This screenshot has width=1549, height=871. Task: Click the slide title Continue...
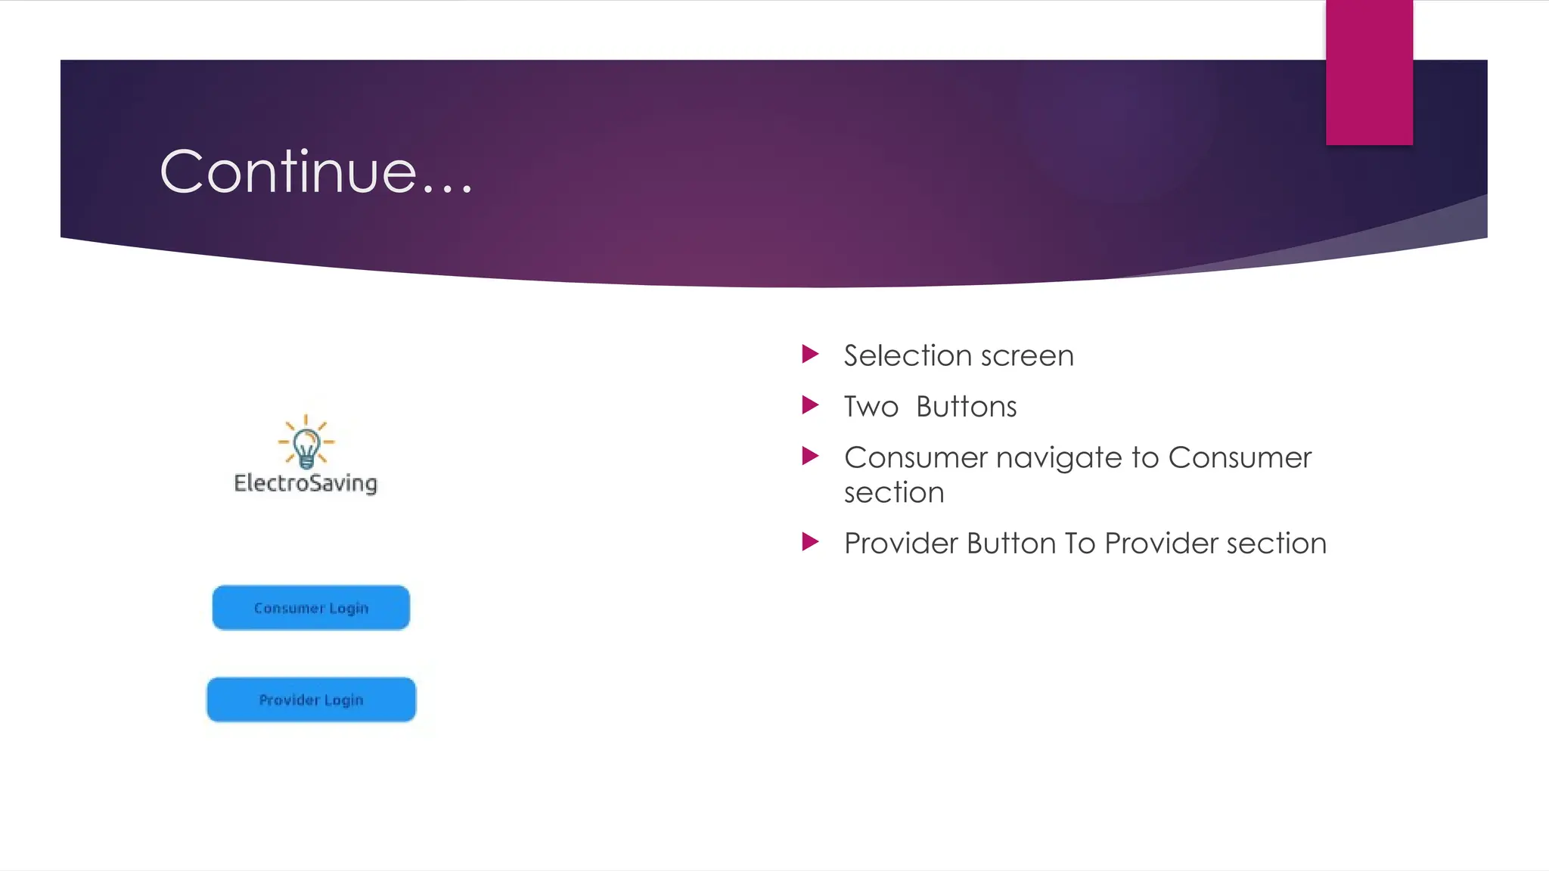(x=316, y=172)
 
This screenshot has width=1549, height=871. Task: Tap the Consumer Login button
(x=311, y=608)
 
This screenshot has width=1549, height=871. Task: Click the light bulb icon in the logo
(x=306, y=444)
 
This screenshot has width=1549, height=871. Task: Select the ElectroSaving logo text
(x=306, y=483)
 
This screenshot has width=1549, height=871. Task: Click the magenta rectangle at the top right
(x=1369, y=72)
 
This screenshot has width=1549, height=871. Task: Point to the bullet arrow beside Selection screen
(x=810, y=354)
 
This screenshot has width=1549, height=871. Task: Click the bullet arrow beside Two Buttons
(x=810, y=405)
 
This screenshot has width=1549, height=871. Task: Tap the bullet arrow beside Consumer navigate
(x=810, y=456)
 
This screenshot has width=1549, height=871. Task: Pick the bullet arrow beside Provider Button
(x=810, y=542)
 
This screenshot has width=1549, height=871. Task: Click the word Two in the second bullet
(x=871, y=407)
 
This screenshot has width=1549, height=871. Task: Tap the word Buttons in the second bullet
(x=966, y=407)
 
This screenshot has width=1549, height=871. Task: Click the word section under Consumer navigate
(x=894, y=493)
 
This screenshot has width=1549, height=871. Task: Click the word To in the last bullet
(x=1079, y=544)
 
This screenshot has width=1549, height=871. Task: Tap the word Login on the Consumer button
(x=349, y=609)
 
